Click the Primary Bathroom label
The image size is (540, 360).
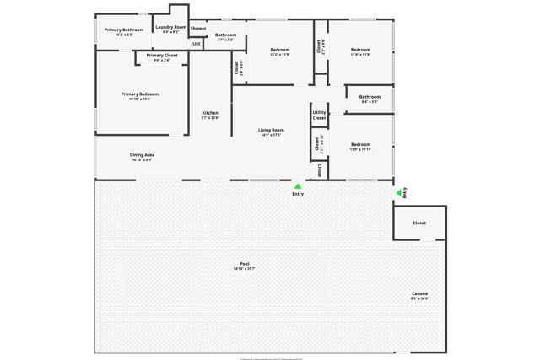(x=124, y=30)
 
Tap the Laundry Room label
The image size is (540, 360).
(x=171, y=27)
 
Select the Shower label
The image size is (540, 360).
(x=198, y=28)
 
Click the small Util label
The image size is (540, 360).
(x=197, y=43)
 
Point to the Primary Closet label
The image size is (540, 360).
(x=161, y=56)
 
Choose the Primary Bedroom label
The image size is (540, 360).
(x=140, y=94)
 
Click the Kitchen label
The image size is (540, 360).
(x=210, y=113)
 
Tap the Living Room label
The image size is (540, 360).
(x=271, y=130)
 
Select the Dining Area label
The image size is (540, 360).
(x=142, y=154)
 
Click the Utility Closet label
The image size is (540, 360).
(x=319, y=115)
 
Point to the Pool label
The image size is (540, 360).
(x=245, y=263)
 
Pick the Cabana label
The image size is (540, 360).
(x=419, y=293)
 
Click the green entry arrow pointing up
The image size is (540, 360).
(x=298, y=186)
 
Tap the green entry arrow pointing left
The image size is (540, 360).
(x=398, y=193)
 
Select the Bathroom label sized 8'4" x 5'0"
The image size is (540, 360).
(x=370, y=97)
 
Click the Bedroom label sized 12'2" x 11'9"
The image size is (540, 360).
(x=280, y=50)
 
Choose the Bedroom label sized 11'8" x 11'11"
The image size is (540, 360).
(x=361, y=144)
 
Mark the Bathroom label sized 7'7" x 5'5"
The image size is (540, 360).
(x=225, y=35)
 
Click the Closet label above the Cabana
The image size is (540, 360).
(x=419, y=223)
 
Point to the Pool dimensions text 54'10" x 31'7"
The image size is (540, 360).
(x=245, y=268)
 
